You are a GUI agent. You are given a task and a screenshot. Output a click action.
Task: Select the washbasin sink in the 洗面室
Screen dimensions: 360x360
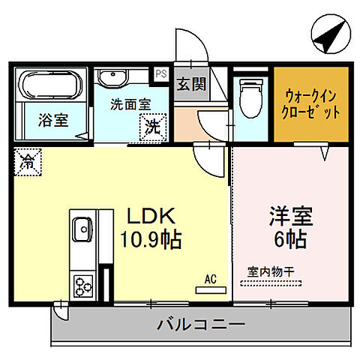tap(115, 78)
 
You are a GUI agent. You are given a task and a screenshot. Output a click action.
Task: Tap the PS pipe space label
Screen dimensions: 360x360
tap(161, 74)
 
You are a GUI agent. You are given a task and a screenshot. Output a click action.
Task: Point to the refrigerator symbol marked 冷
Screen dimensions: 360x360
tap(26, 160)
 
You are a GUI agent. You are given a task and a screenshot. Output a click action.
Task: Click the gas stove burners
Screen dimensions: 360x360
tap(81, 286)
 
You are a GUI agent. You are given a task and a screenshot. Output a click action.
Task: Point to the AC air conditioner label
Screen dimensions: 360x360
tap(210, 279)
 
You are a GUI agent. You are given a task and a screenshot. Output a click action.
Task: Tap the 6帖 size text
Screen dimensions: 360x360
tap(290, 241)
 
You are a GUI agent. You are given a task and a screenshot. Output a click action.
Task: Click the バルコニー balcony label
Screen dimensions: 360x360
tap(201, 325)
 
